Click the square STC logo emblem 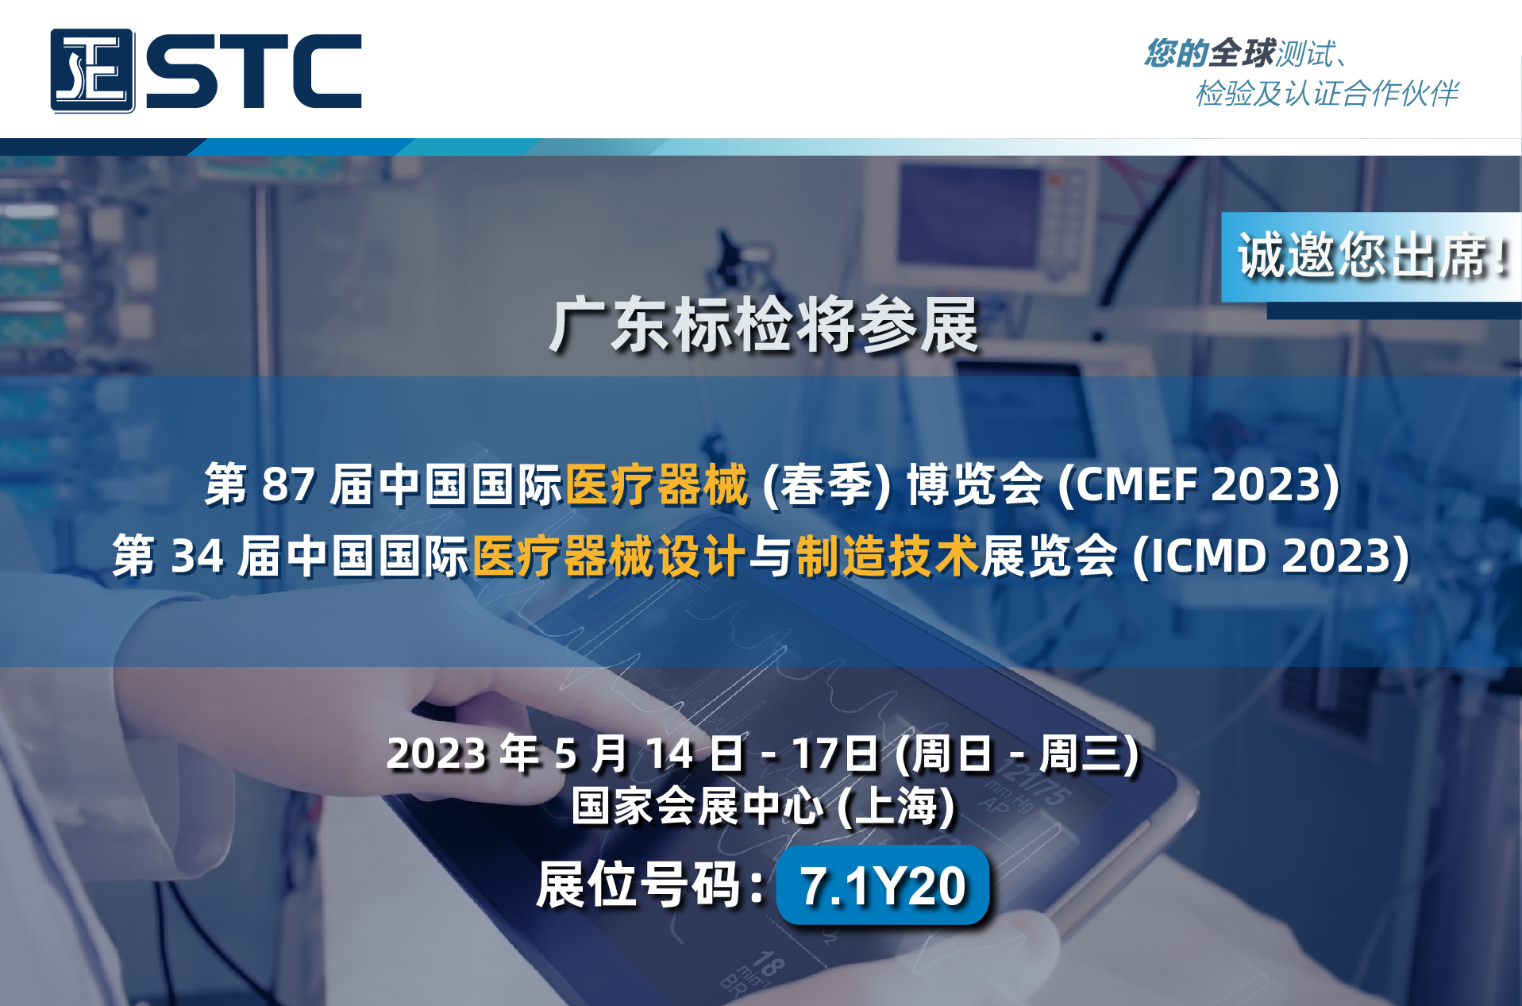click(92, 71)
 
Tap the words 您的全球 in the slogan click(1210, 53)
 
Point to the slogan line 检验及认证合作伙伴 click(1327, 93)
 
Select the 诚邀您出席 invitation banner click(1371, 256)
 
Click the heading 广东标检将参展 click(764, 325)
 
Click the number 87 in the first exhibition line click(289, 484)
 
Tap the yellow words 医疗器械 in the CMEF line click(657, 484)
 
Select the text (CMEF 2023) click(1199, 484)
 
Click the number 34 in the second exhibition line click(198, 556)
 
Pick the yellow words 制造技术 click(887, 555)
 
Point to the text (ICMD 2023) click(1271, 556)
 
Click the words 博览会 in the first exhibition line click(975, 484)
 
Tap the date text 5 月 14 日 click(649, 754)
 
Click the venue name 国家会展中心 click(698, 806)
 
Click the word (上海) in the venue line click(897, 806)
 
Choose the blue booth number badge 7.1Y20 click(883, 885)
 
